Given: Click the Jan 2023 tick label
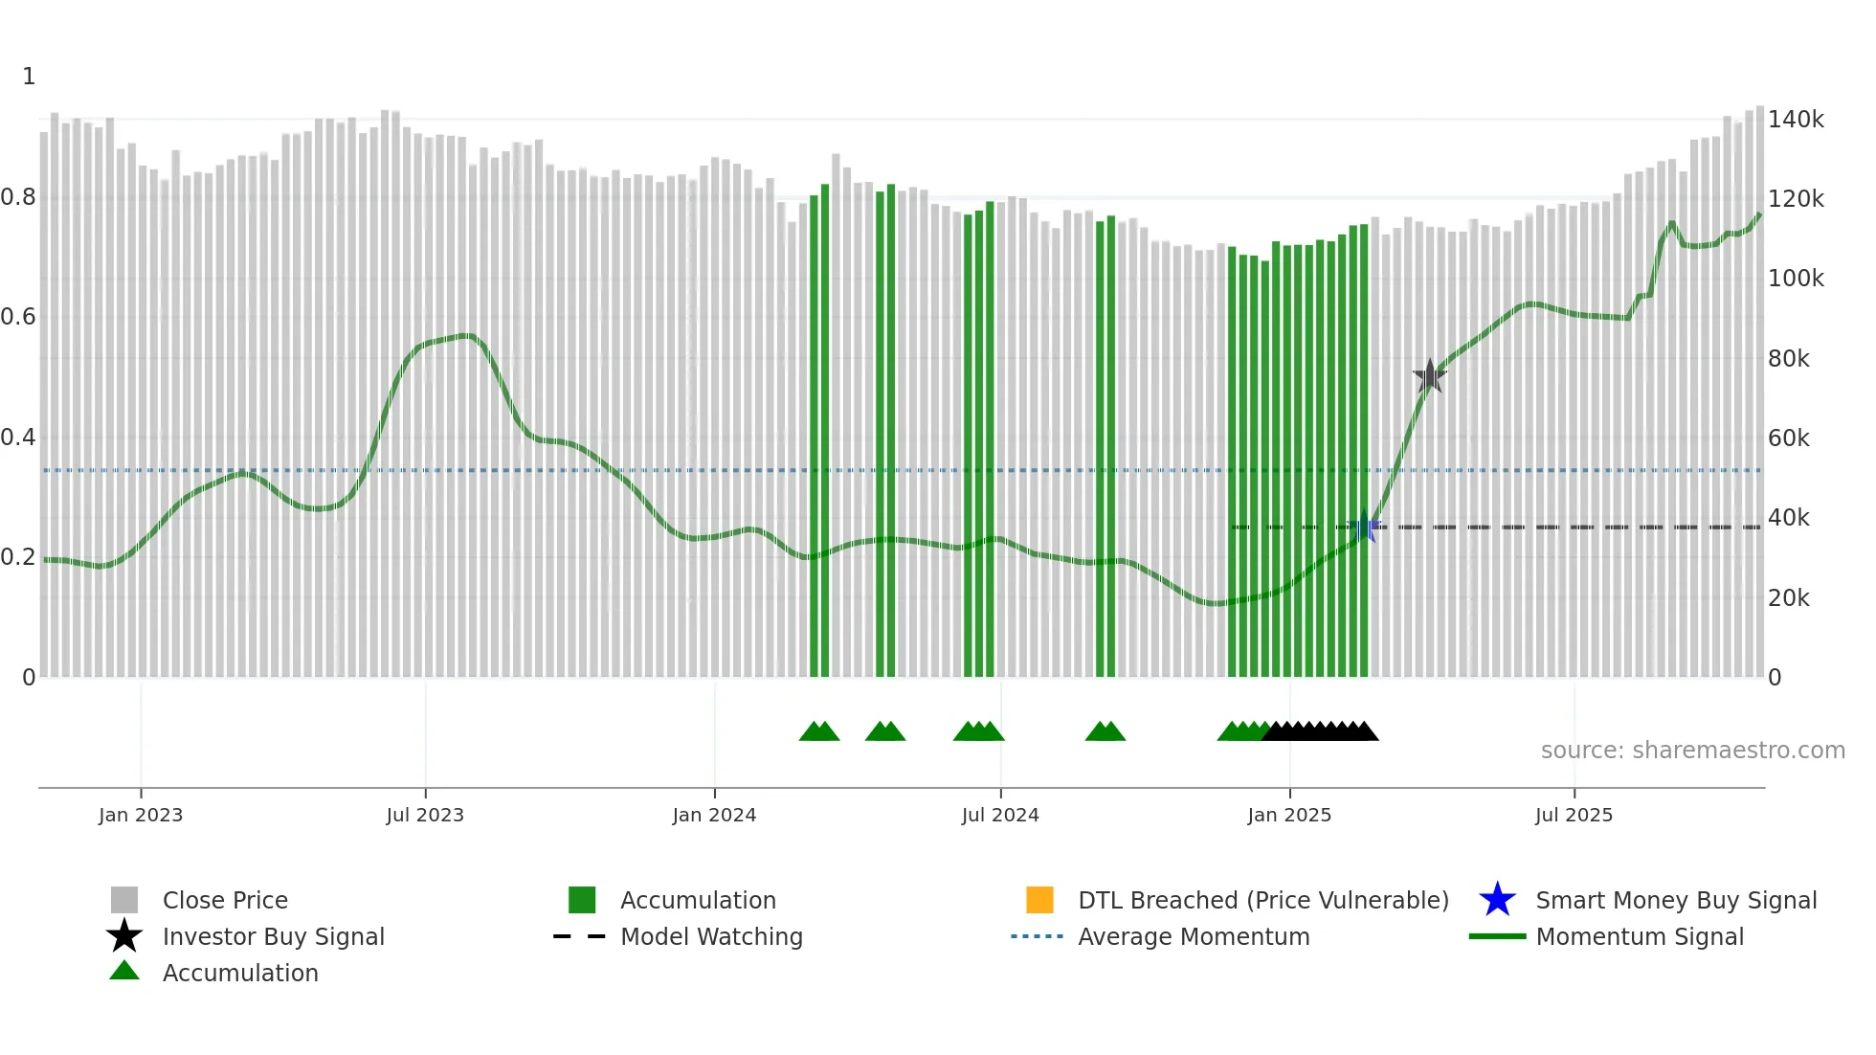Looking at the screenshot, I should pos(141,815).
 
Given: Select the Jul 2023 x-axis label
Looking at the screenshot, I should pos(425,815).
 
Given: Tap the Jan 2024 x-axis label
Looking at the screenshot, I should pos(714,815).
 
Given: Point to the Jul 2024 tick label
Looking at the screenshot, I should pos(1000,815).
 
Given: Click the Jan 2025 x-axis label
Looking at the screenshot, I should pos(1289,815).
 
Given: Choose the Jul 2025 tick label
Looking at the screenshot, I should pos(1574,815).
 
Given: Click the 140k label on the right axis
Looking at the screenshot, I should pos(1796,120).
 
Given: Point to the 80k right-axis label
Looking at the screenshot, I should pos(1789,359).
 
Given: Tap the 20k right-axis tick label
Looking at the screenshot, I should pos(1789,598).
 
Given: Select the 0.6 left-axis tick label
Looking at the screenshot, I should pos(18,317).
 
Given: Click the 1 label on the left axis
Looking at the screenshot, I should pos(29,77).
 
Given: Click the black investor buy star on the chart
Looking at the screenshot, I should pos(1429,376).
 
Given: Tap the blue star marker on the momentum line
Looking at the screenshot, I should pos(1363,527).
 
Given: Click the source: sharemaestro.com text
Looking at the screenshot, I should pos(1692,751).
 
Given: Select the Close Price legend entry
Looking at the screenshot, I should pos(225,900).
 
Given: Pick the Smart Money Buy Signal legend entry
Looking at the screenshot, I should pos(1676,900).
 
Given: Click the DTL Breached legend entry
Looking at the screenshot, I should pos(1262,900).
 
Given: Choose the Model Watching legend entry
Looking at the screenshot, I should pos(711,936).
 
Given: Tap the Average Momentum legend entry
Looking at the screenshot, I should pos(1194,936).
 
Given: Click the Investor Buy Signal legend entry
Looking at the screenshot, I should pos(273,936).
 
